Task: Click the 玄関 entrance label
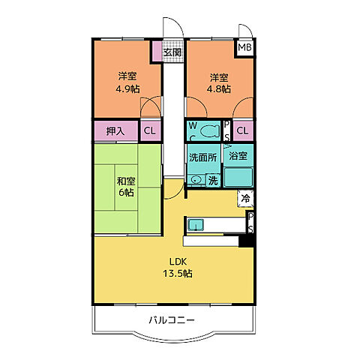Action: pyautogui.click(x=172, y=52)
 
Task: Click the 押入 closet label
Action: pyautogui.click(x=115, y=130)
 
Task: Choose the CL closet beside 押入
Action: pyautogui.click(x=149, y=130)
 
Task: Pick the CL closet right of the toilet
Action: pyautogui.click(x=241, y=130)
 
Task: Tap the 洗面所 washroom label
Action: pyautogui.click(x=202, y=158)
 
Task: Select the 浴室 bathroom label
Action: pyautogui.click(x=238, y=158)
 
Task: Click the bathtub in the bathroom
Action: pyautogui.click(x=239, y=178)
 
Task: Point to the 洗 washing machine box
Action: pyautogui.click(x=213, y=180)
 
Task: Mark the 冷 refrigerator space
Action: pyautogui.click(x=245, y=199)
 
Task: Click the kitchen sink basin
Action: pyautogui.click(x=197, y=224)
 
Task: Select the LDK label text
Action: pyautogui.click(x=177, y=261)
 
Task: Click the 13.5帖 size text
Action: pyautogui.click(x=177, y=274)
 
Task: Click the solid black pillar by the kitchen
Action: pyautogui.click(x=244, y=241)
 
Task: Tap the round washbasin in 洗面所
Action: pyautogui.click(x=196, y=180)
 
